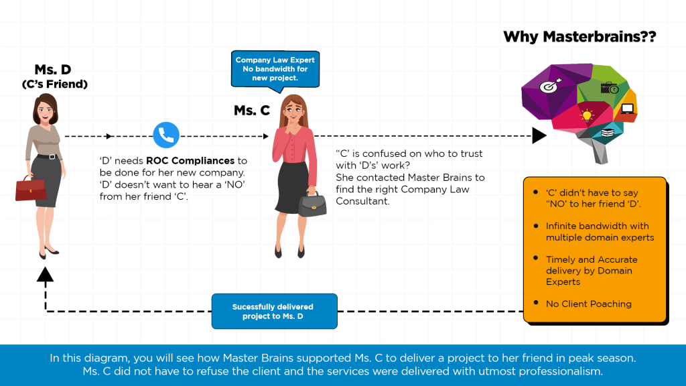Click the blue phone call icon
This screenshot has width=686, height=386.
pyautogui.click(x=166, y=135)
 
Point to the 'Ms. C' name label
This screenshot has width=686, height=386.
pyautogui.click(x=252, y=110)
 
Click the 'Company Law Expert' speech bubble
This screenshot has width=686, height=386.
pyautogui.click(x=275, y=69)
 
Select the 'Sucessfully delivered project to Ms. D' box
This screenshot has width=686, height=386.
pyautogui.click(x=274, y=312)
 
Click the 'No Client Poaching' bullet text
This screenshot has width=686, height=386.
pyautogui.click(x=588, y=304)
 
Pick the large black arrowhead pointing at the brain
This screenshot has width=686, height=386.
pyautogui.click(x=539, y=135)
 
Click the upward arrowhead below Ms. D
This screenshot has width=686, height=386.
pyautogui.click(x=45, y=273)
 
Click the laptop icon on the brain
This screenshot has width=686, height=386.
pyautogui.click(x=627, y=109)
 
